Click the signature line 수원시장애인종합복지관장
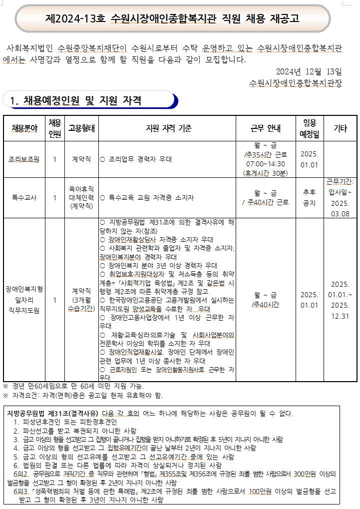pyautogui.click(x=297, y=82)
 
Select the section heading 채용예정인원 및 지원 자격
pyautogui.click(x=82, y=100)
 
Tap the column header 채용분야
pyautogui.click(x=25, y=128)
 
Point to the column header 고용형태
pyautogui.click(x=81, y=128)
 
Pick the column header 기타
pyautogui.click(x=341, y=128)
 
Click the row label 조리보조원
pyautogui.click(x=25, y=159)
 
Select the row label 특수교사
pyautogui.click(x=25, y=197)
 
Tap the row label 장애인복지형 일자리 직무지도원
pyautogui.click(x=25, y=299)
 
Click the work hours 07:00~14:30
pyautogui.click(x=266, y=164)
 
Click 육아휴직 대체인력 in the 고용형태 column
pyautogui.click(x=81, y=197)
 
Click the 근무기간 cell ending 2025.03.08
pyautogui.click(x=341, y=197)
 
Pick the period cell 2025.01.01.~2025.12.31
pyautogui.click(x=341, y=300)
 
